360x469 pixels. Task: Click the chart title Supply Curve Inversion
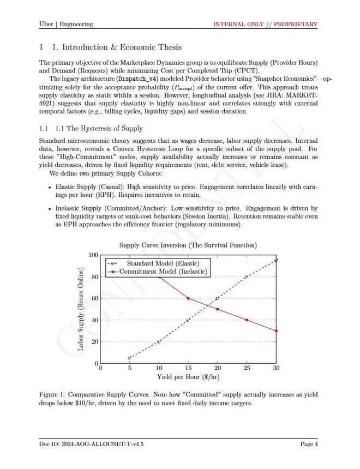[188, 245]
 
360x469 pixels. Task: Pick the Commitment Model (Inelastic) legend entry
[163, 271]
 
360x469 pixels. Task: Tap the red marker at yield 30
[276, 330]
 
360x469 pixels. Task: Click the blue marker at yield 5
[129, 358]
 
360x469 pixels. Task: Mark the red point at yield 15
[188, 298]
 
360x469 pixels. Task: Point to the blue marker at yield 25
[247, 277]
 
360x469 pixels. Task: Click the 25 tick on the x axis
[247, 369]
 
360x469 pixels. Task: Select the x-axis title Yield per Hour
[188, 377]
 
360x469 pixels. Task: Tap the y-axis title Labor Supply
[81, 309]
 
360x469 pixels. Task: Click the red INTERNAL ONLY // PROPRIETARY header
[265, 24]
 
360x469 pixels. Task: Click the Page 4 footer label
[309, 444]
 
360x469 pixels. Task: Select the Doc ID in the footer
[92, 444]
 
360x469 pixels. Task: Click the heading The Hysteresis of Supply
[99, 128]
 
